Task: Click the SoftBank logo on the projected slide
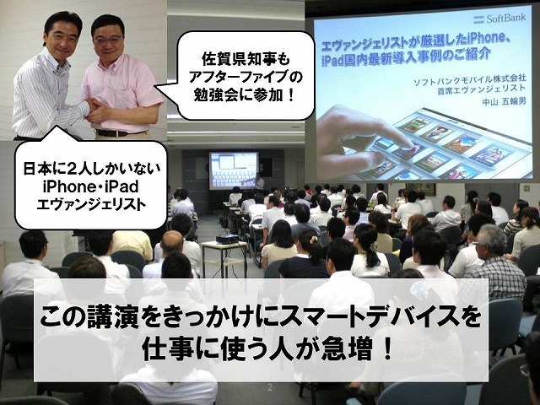pyautogui.click(x=499, y=19)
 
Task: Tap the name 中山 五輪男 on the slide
pyautogui.click(x=505, y=102)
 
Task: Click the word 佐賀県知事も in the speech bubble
pyautogui.click(x=246, y=60)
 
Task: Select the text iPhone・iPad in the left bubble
pyautogui.click(x=91, y=186)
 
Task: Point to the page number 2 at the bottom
pyautogui.click(x=270, y=388)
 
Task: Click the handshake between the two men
pyautogui.click(x=94, y=109)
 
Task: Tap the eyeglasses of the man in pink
pyautogui.click(x=108, y=40)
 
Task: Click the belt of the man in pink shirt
pyautogui.click(x=119, y=132)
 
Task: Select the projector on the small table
pyautogui.click(x=227, y=238)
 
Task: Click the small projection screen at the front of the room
pyautogui.click(x=234, y=170)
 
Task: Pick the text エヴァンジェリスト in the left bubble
pyautogui.click(x=91, y=204)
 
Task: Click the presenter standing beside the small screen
pyautogui.click(x=259, y=182)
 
